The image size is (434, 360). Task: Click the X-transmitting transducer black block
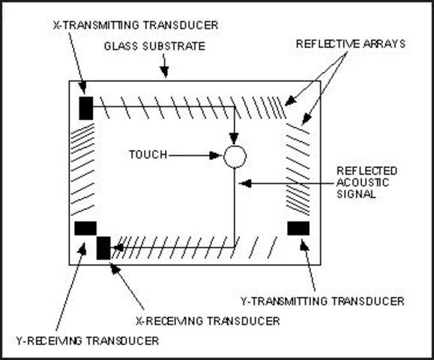pos(85,107)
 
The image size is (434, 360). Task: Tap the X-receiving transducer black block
pos(103,247)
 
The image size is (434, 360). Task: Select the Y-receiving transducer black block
pos(85,228)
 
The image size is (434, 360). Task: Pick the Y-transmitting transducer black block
pos(298,228)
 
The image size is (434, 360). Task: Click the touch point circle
pos(235,157)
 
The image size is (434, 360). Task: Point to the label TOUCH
pos(148,155)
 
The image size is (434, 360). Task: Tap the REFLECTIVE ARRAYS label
pos(350,44)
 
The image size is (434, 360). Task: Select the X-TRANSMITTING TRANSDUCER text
pos(136,25)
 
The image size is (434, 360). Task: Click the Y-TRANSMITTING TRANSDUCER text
pos(322,301)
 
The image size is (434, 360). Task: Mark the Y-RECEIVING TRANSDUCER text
pos(87,340)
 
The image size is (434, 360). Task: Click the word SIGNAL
pos(356,193)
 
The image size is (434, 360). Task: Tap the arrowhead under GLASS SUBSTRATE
pos(165,75)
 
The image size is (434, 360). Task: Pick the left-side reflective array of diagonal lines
pos(82,169)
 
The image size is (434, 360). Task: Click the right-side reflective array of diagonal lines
pos(298,169)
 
